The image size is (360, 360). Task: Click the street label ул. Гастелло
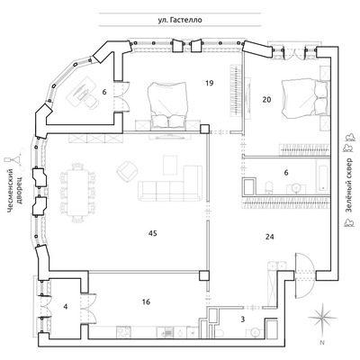click(x=180, y=20)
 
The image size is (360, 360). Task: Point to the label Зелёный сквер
click(x=348, y=184)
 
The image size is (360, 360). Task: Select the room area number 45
click(x=153, y=233)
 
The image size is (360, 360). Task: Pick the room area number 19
click(x=210, y=83)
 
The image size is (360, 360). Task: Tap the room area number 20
click(x=266, y=99)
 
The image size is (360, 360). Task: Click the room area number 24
click(x=270, y=237)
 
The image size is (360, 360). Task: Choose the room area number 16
click(x=146, y=301)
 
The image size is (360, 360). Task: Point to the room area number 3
click(x=243, y=319)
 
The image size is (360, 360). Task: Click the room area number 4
click(x=66, y=307)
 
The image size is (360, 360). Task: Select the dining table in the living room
click(x=78, y=193)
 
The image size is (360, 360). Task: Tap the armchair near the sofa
click(x=128, y=170)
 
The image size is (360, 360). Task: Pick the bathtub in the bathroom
click(x=323, y=176)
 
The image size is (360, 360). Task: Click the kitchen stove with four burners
click(x=123, y=333)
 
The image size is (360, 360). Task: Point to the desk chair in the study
click(x=91, y=103)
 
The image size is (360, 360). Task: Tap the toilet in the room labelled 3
click(x=219, y=334)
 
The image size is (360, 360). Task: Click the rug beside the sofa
click(x=170, y=165)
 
